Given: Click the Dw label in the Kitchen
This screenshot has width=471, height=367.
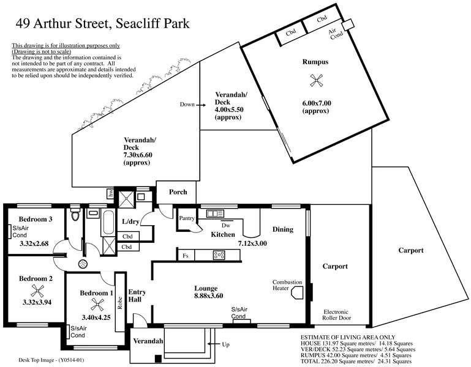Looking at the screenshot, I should tap(217, 224).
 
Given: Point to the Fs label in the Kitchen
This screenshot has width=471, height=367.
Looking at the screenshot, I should tap(185, 256).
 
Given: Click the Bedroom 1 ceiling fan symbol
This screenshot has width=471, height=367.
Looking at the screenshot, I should tap(96, 303).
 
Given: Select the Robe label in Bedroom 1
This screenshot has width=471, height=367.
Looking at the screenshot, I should tap(121, 303).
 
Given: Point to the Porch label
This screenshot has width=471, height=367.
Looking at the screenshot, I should tap(178, 192).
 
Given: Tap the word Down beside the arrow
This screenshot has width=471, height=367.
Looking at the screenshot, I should tap(187, 105).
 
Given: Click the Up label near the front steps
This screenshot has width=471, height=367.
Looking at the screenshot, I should tap(225, 345).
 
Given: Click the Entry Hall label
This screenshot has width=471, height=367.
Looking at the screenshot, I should tap(137, 296).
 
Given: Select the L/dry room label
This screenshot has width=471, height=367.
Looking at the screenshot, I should tap(132, 221).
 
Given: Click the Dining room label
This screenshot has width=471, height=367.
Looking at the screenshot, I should tap(282, 230).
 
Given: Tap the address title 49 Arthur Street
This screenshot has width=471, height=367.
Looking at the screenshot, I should tap(102, 24).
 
